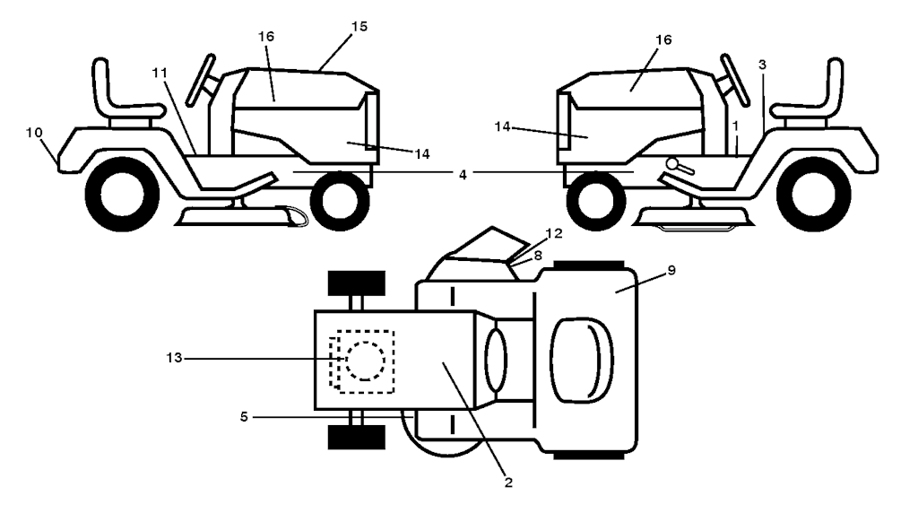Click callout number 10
(33, 132)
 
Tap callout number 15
(359, 28)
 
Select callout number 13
(175, 358)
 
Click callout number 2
(508, 483)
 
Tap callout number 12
(554, 234)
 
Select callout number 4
(463, 172)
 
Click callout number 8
(537, 256)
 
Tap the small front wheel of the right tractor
(596, 199)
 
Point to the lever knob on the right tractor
(672, 165)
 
